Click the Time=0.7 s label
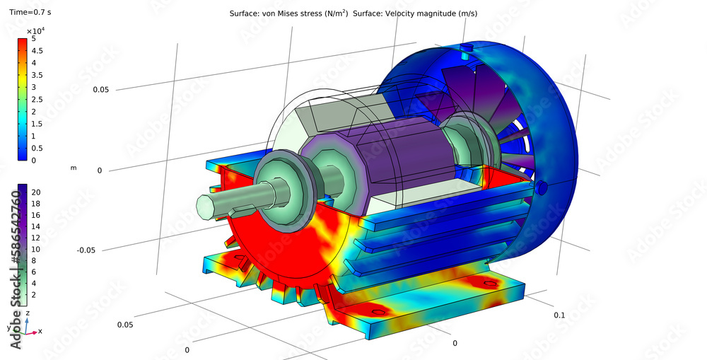pyautogui.click(x=29, y=12)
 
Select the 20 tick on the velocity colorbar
pyautogui.click(x=37, y=192)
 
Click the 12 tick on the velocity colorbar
pyautogui.click(x=37, y=238)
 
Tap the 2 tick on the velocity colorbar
pyautogui.click(x=35, y=294)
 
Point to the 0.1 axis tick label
pyautogui.click(x=560, y=315)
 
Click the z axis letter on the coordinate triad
pyautogui.click(x=27, y=312)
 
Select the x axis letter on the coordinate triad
pyautogui.click(x=40, y=331)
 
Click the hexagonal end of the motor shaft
pyautogui.click(x=202, y=209)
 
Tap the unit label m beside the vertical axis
pyautogui.click(x=74, y=168)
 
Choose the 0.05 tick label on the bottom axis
pyautogui.click(x=126, y=325)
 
